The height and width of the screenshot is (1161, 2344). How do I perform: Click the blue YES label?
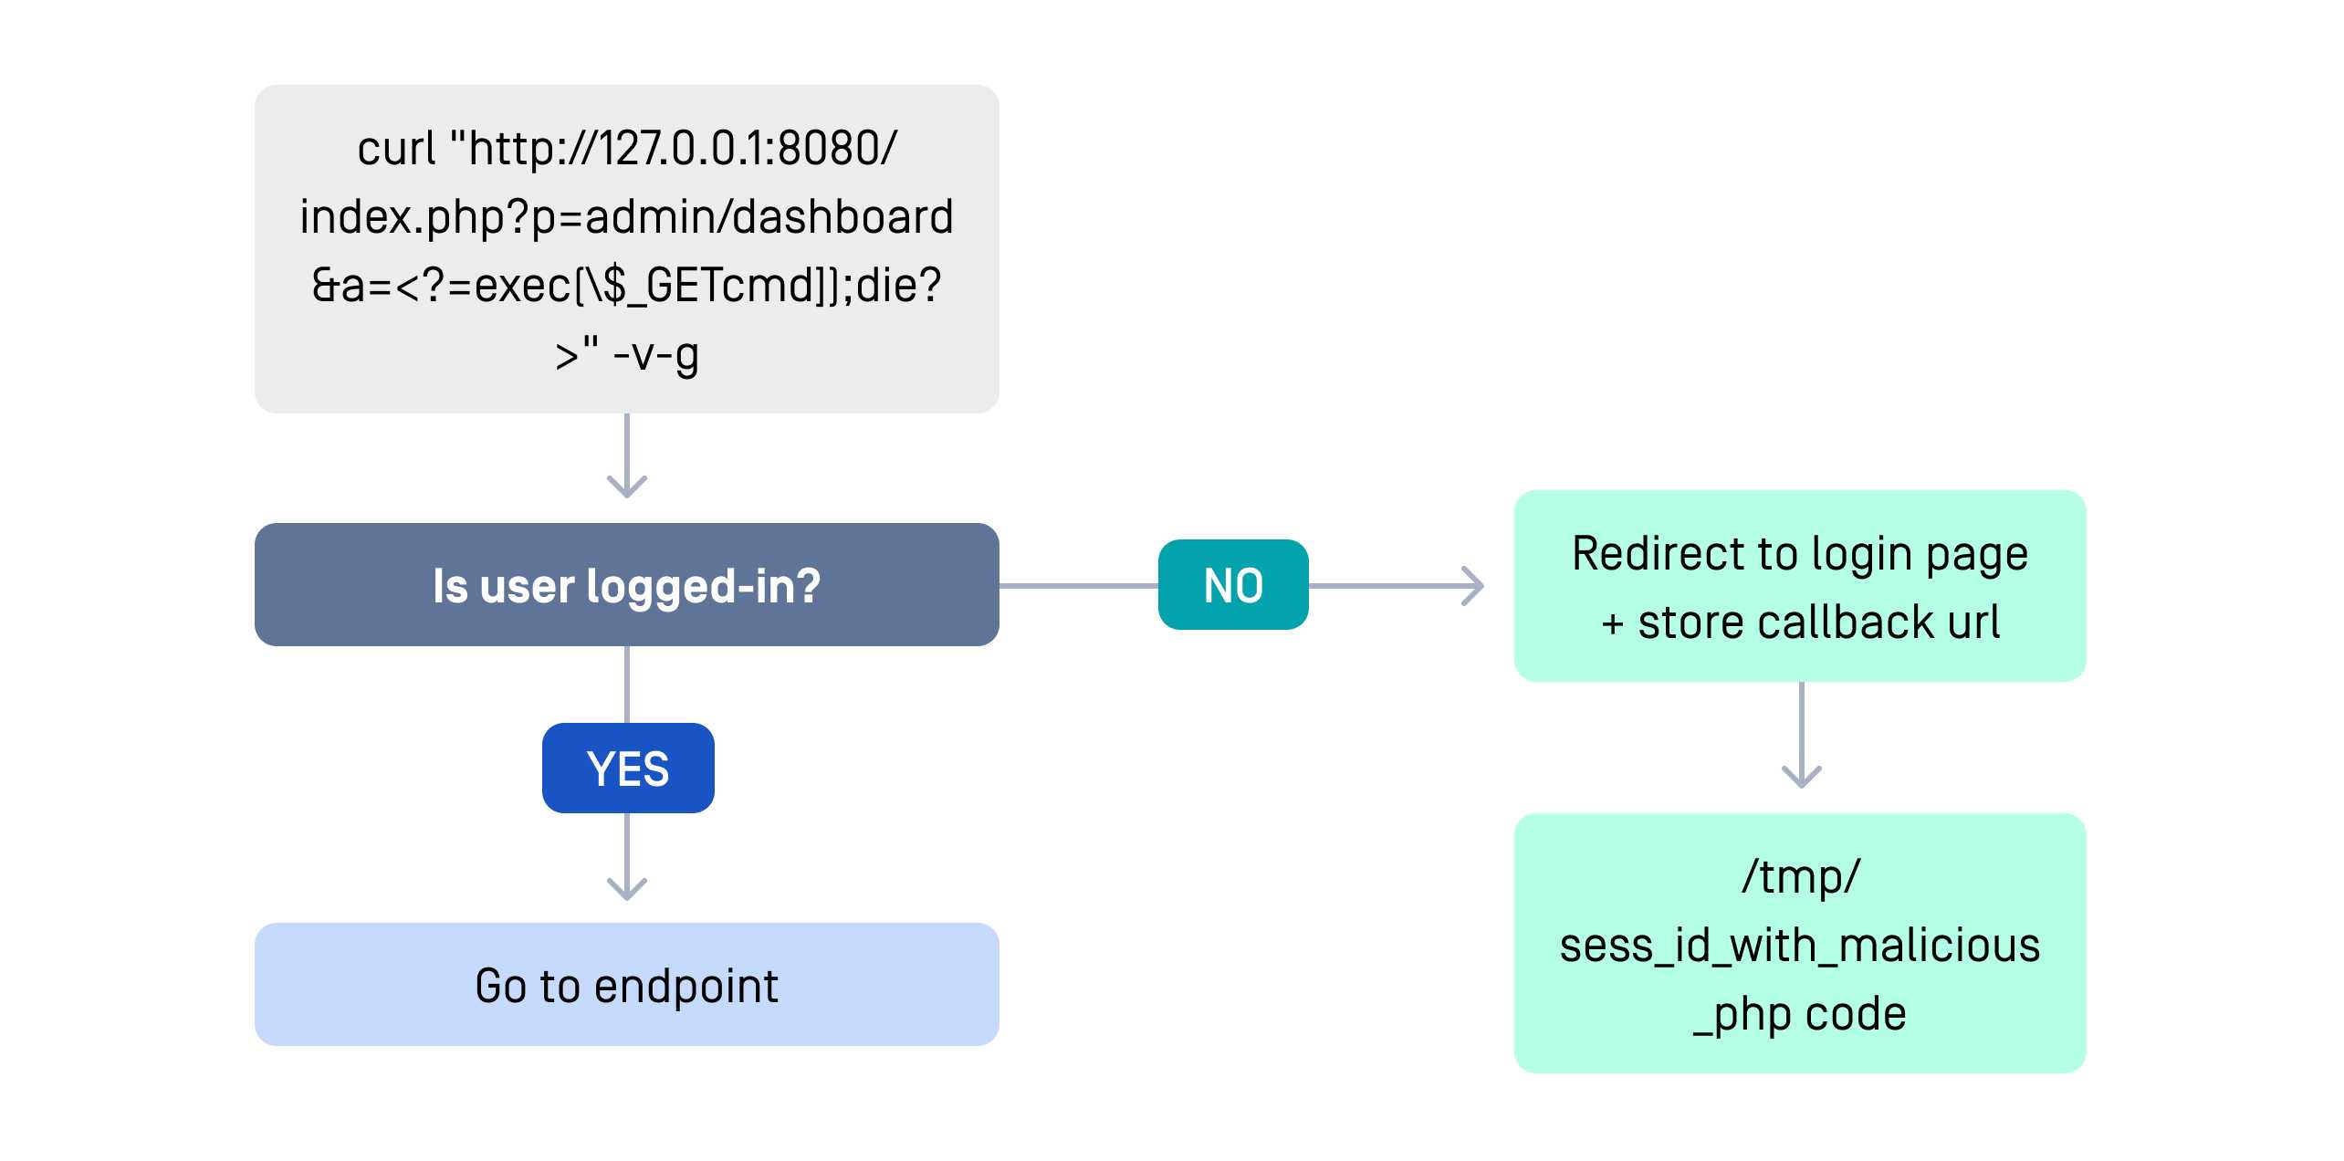click(x=628, y=768)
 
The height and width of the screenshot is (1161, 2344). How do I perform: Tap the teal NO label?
click(x=1232, y=585)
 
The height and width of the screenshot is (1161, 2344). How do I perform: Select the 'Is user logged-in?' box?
click(x=626, y=585)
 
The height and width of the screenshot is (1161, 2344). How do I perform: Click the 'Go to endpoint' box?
click(x=626, y=985)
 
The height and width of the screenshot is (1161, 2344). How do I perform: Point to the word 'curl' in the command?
click(x=396, y=148)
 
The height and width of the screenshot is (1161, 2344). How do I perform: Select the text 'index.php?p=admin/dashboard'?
click(x=626, y=217)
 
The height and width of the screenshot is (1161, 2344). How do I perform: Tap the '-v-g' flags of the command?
click(x=656, y=354)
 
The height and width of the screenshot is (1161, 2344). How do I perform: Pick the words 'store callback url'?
click(x=1818, y=622)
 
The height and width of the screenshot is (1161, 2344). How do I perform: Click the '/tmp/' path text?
click(x=1800, y=876)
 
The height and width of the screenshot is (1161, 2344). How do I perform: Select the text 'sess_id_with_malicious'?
click(x=1800, y=946)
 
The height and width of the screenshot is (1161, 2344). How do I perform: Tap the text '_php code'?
click(x=1800, y=1014)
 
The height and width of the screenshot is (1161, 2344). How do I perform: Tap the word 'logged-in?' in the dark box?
click(x=703, y=586)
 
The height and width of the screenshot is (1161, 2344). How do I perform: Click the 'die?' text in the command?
click(x=898, y=286)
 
